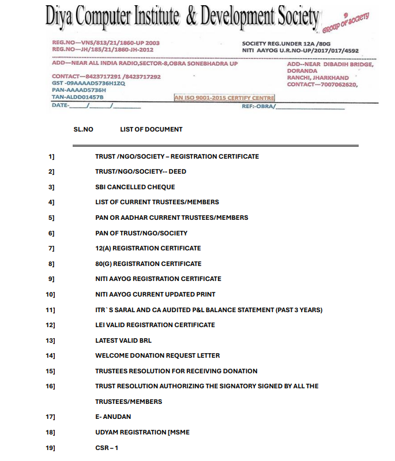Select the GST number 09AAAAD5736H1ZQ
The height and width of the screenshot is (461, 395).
88,83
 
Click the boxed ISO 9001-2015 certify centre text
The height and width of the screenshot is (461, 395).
224,98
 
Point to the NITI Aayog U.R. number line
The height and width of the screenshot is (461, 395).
300,51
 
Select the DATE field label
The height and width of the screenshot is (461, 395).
61,105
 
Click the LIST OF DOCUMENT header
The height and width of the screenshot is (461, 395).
151,129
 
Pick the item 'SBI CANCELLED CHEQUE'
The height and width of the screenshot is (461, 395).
135,187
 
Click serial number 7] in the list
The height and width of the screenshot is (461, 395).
51,248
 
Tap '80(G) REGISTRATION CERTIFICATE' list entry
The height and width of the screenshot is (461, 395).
148,264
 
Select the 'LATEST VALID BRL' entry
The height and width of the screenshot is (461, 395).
123,340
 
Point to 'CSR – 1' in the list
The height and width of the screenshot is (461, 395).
107,448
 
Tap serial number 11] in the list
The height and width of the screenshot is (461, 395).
50,310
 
